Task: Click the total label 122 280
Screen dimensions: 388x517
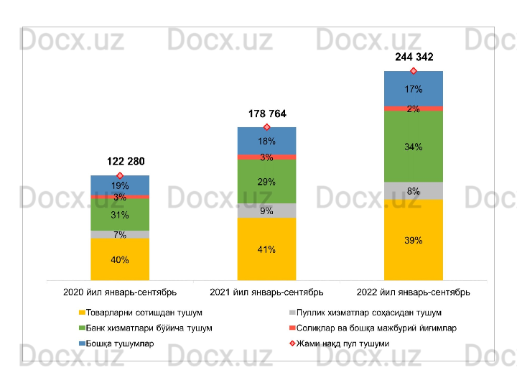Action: (x=120, y=161)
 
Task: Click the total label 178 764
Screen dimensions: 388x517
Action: (x=267, y=114)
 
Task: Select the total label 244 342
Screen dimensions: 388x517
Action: (x=414, y=56)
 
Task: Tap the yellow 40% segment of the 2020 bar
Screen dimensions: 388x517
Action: (x=120, y=259)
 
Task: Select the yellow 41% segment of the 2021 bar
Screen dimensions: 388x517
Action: (x=267, y=249)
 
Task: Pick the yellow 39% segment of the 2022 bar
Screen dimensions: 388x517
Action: (x=414, y=240)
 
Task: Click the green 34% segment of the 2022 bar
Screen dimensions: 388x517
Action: (x=414, y=147)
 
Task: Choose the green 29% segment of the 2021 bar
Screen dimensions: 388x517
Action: (x=267, y=182)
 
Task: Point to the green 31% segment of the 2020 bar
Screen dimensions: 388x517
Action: (x=120, y=215)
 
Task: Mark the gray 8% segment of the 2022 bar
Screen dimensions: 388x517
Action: (x=414, y=191)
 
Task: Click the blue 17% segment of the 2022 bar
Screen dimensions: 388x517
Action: (x=414, y=89)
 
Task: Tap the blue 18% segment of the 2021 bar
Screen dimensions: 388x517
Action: (x=267, y=141)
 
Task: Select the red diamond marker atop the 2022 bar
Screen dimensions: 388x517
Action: (x=414, y=71)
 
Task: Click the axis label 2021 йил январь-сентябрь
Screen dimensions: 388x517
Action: (x=266, y=292)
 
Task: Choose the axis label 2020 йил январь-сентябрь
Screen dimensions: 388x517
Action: (x=120, y=292)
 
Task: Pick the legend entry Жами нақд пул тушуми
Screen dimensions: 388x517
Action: (x=343, y=343)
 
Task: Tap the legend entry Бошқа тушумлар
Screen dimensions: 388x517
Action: (x=119, y=343)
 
